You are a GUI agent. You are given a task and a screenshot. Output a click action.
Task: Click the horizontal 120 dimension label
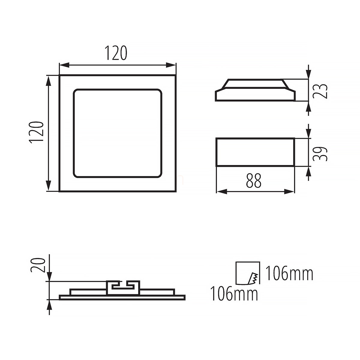[116, 53]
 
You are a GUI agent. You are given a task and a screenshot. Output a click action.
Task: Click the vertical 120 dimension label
[36, 133]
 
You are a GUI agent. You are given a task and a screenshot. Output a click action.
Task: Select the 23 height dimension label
[320, 91]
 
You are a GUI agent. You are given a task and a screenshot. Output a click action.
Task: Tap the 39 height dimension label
[320, 154]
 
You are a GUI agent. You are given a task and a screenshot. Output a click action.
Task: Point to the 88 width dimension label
[253, 181]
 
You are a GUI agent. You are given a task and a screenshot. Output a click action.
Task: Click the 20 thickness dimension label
[38, 265]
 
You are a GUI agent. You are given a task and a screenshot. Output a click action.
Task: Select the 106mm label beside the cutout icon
[289, 274]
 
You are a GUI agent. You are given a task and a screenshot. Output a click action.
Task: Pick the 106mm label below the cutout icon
[234, 294]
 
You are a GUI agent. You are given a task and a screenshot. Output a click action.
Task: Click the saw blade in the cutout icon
[253, 278]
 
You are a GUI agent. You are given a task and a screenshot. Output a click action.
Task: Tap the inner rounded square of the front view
[118, 89]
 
